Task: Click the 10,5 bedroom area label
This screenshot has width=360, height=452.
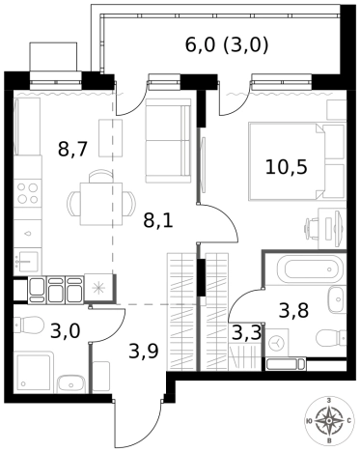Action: [286, 167]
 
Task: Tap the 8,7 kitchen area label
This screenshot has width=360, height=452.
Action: [72, 149]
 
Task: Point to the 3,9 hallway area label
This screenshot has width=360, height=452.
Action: [144, 351]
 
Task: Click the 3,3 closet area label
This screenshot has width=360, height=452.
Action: [246, 333]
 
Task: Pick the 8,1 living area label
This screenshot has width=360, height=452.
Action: [158, 220]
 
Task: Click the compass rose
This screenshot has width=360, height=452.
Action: [329, 421]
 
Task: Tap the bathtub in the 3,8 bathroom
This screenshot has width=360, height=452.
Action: [310, 268]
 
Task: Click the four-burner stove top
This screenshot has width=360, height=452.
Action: [28, 193]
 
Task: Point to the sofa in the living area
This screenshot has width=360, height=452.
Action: [168, 141]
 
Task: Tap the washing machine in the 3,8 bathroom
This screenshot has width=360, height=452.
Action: [276, 343]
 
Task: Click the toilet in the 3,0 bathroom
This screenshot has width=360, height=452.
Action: [29, 325]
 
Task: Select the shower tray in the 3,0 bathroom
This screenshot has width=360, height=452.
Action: [34, 372]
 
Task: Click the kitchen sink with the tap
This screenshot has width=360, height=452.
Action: [28, 261]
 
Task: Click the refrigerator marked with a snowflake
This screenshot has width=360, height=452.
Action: [98, 288]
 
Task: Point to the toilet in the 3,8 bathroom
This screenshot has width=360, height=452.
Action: [331, 338]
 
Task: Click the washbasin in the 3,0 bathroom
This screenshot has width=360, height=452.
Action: [71, 383]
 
